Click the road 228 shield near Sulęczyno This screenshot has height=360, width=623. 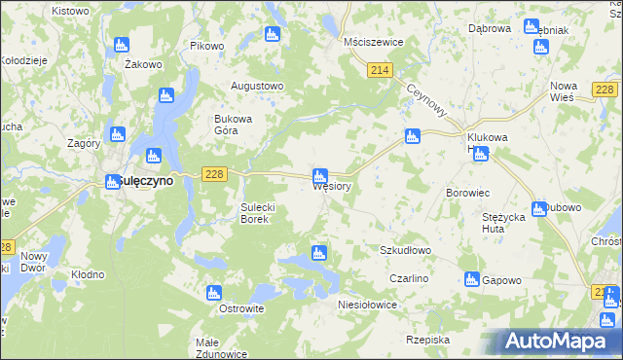(215, 173)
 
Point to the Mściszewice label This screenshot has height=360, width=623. (374, 43)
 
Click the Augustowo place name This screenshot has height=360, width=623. (256, 86)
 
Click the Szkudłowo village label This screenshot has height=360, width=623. (405, 250)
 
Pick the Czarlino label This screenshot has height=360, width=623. (409, 278)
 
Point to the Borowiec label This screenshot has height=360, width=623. (466, 193)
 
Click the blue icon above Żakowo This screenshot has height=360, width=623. (122, 45)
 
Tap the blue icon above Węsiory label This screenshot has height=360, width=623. (319, 176)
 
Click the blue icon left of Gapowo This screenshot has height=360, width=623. (471, 279)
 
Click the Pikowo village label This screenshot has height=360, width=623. (206, 46)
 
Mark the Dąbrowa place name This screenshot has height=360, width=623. (489, 29)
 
